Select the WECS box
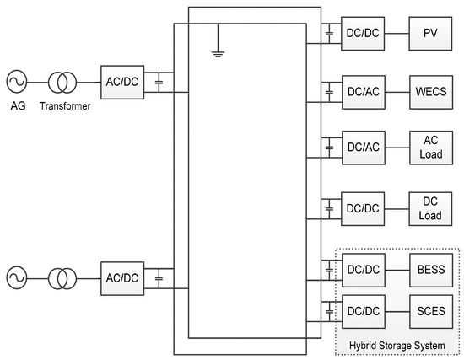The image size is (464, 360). (x=429, y=89)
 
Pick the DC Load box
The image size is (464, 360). (x=429, y=207)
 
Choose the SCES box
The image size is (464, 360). (x=429, y=309)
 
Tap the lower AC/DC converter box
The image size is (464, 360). (x=121, y=277)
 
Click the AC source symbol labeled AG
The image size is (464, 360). (x=17, y=81)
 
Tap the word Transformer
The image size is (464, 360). (x=64, y=108)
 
